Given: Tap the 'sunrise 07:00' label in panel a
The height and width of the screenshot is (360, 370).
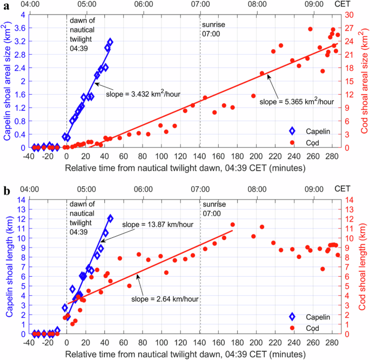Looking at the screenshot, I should (x=213, y=30).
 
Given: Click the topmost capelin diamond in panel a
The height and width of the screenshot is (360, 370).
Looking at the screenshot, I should (x=110, y=42).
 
